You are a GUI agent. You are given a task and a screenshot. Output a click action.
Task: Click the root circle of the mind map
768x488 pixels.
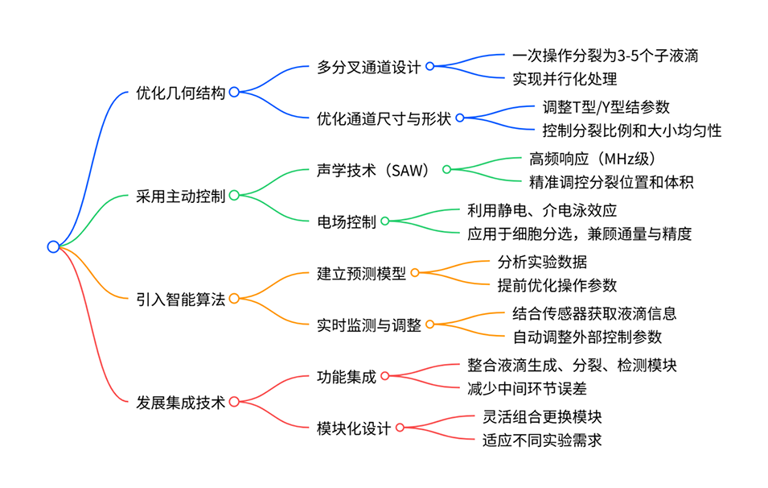(53, 247)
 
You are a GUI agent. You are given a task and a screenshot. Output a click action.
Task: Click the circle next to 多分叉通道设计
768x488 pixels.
(429, 67)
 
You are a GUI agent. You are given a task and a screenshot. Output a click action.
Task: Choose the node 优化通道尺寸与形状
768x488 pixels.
(384, 118)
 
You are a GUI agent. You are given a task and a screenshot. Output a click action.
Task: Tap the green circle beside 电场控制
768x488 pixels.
(384, 221)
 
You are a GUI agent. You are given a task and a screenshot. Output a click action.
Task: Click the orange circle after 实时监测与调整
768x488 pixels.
(429, 325)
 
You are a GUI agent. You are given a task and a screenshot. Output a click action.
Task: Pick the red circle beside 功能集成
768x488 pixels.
(384, 376)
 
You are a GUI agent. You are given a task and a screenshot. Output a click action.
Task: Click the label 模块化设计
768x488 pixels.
(354, 428)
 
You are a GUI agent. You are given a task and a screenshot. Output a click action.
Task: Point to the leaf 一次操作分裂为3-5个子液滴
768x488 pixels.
(605, 56)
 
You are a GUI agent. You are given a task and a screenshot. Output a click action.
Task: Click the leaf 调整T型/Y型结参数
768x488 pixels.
(606, 108)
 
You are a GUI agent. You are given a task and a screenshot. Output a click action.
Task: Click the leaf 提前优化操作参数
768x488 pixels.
(557, 285)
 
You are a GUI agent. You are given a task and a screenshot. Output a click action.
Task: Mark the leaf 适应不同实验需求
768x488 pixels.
(542, 440)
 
